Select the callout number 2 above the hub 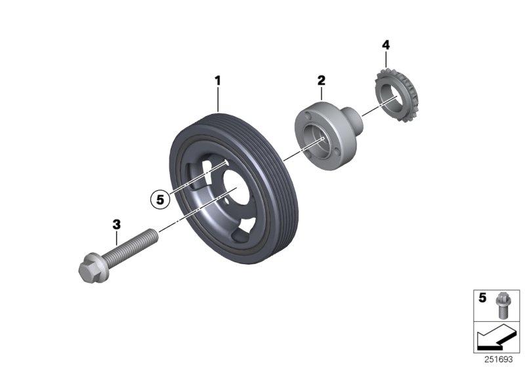point(322,81)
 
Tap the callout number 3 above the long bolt point(117,224)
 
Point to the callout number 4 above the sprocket point(386,45)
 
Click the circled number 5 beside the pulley point(159,197)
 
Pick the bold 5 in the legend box point(482,298)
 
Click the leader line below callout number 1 point(218,98)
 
